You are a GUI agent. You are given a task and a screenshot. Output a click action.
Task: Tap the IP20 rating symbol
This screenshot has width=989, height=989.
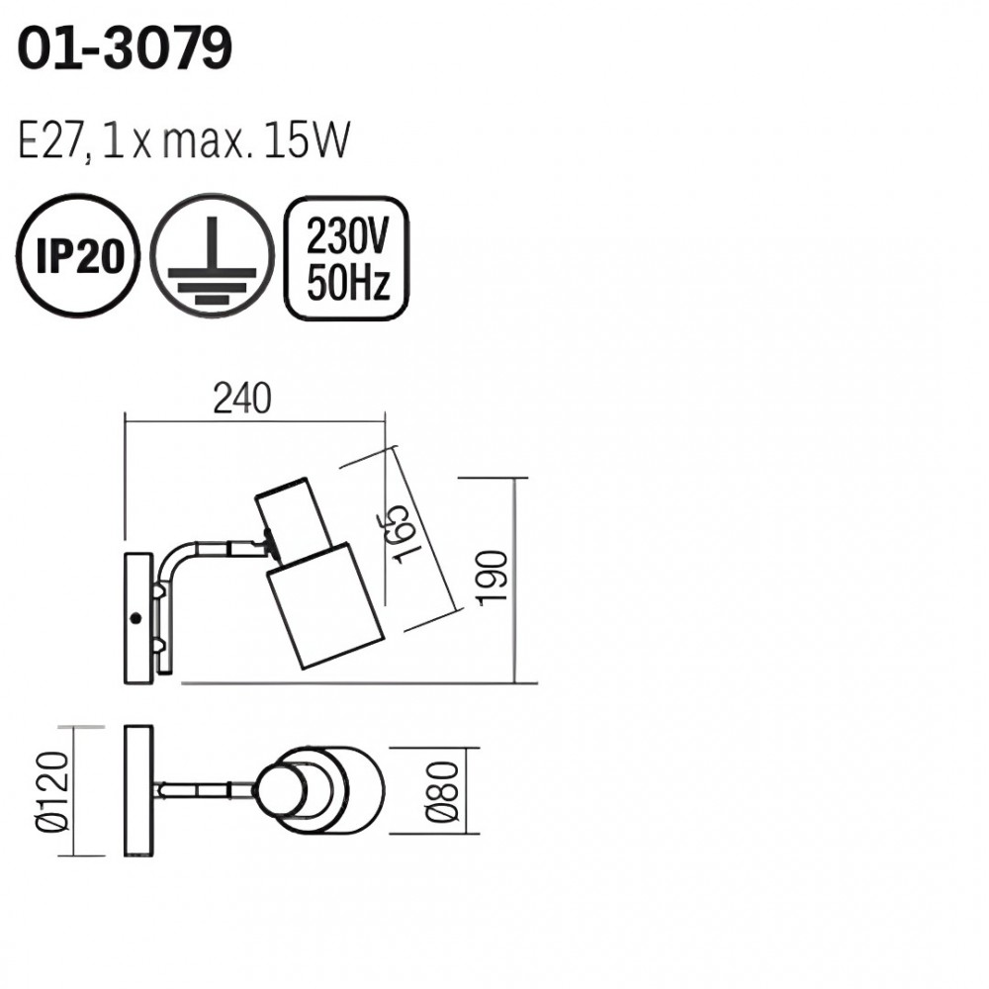77,255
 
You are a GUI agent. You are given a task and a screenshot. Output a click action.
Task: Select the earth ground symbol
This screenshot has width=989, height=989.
212,255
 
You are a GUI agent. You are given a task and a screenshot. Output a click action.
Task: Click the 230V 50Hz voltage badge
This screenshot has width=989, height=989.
347,258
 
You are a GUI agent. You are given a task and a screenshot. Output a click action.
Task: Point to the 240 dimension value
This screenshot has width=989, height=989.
242,399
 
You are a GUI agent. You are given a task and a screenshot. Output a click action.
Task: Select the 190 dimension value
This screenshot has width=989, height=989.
493,579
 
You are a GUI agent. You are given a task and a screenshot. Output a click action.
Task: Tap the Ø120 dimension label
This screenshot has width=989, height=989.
51,791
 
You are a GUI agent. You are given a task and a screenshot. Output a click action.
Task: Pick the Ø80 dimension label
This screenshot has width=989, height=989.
441,792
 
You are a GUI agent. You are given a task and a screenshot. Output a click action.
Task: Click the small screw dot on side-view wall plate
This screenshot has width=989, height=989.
135,618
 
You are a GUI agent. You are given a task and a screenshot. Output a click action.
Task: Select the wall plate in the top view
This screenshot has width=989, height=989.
138,791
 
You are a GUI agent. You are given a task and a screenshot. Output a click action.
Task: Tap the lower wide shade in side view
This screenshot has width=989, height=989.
324,605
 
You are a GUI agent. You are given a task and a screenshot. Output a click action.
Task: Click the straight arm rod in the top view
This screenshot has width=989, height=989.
205,790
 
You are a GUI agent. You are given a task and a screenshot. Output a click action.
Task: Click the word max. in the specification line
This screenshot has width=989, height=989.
203,141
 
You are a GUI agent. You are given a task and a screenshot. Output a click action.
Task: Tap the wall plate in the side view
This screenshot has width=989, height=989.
138,618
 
